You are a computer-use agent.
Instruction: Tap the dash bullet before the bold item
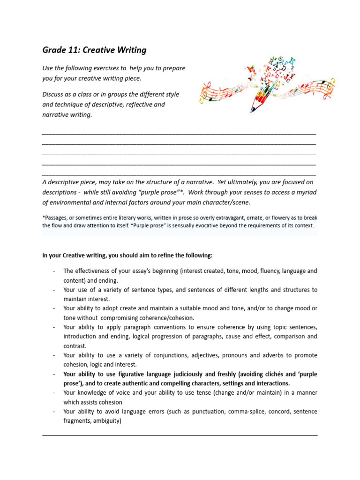pos(54,375)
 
